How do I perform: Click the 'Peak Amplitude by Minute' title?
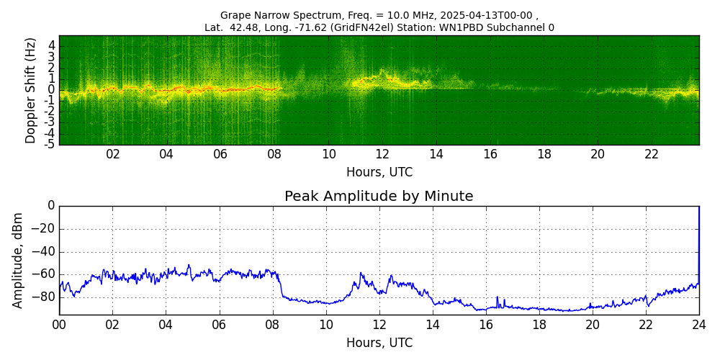pos(379,196)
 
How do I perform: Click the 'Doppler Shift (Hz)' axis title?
pos(30,90)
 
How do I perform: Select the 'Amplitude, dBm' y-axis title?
pos(18,260)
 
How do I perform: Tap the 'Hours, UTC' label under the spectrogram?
pos(379,172)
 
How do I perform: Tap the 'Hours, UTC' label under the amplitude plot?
pos(379,343)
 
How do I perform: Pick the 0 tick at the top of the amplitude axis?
pos(50,206)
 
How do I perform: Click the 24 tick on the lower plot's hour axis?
pos(698,325)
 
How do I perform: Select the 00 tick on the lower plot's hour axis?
pos(59,325)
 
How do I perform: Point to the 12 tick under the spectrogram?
pos(382,154)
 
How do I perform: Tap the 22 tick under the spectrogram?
pos(651,154)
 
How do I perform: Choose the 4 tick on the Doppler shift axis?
pos(51,45)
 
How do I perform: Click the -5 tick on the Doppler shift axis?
pos(49,144)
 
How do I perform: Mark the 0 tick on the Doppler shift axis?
pos(51,89)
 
